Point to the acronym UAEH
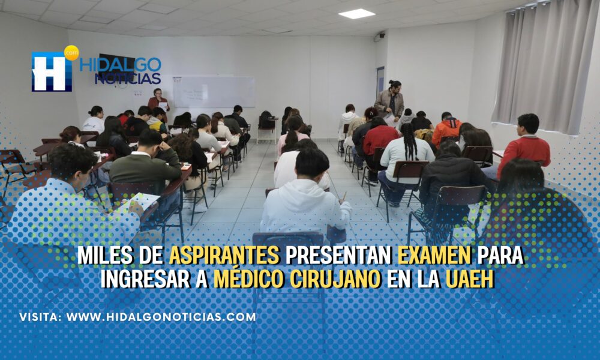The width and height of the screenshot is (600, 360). [x=470, y=279]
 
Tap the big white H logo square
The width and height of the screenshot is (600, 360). [x=52, y=72]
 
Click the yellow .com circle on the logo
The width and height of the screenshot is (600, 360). [x=71, y=53]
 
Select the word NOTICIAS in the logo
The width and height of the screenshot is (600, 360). [x=128, y=79]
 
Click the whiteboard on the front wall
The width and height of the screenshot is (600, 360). [x=214, y=91]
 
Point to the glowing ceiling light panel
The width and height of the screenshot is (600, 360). [x=356, y=14]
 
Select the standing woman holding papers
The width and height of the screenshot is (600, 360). [x=158, y=100]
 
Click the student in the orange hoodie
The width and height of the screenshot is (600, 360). [x=446, y=128]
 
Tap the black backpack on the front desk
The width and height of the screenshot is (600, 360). [x=267, y=120]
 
